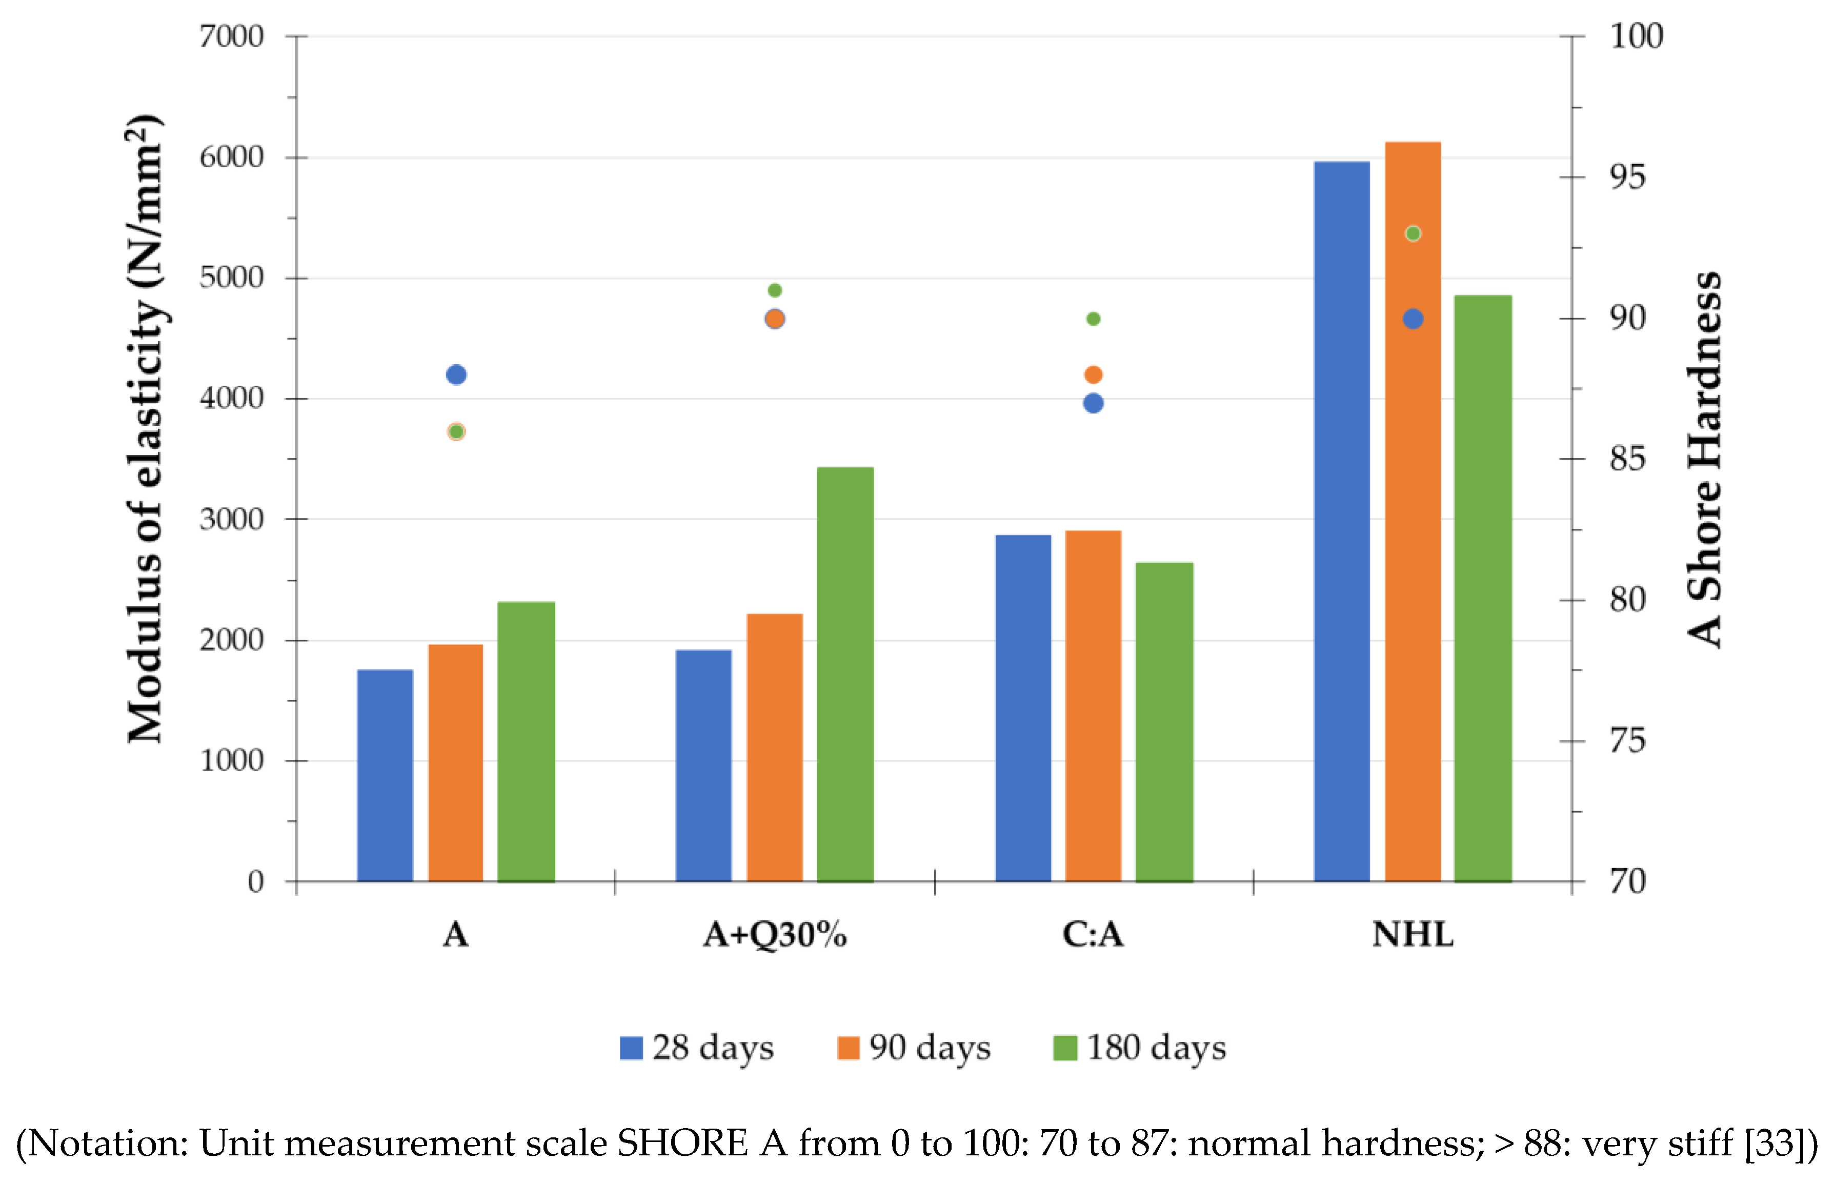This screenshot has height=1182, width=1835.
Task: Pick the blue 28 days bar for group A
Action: coord(385,775)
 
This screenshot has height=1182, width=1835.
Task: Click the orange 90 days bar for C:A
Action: coord(1093,706)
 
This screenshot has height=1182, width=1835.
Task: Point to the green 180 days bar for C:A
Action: coord(1164,721)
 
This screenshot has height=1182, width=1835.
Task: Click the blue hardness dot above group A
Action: coord(456,375)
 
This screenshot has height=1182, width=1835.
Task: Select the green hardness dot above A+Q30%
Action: coord(775,290)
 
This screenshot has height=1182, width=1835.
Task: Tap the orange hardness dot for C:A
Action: coord(1093,375)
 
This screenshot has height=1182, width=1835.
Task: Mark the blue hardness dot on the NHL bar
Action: coord(1413,319)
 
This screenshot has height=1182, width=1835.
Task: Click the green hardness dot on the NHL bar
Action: coord(1413,233)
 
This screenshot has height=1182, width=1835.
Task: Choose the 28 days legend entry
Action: coord(697,1048)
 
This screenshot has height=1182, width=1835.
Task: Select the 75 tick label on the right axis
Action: coord(1627,741)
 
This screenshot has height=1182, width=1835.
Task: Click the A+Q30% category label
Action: coord(775,935)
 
